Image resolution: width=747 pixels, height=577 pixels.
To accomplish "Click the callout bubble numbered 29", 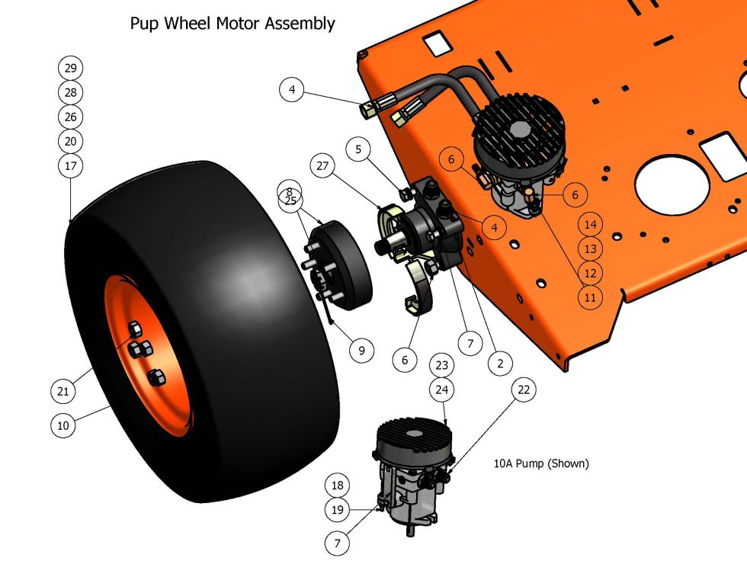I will (70, 68).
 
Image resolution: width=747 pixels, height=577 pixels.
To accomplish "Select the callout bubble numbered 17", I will (70, 165).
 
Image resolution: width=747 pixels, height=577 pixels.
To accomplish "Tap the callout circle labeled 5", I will (359, 150).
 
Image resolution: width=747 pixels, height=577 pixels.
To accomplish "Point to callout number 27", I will (323, 165).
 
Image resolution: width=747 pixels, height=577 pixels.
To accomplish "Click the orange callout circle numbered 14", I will (590, 224).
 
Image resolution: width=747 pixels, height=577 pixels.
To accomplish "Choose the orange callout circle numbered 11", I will (590, 297).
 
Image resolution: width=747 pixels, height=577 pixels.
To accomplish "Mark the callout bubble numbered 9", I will (361, 351).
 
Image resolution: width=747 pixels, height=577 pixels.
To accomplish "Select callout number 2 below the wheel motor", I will (500, 364).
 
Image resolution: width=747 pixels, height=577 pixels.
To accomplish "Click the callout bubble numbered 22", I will (523, 389).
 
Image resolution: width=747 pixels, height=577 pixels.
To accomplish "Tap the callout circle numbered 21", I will (63, 392).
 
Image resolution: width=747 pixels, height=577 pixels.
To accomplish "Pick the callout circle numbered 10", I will (63, 425).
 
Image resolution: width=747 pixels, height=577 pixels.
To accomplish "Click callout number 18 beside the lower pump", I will (338, 486).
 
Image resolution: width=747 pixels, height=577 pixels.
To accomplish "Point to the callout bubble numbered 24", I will (442, 389).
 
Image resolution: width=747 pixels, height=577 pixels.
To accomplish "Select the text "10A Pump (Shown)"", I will (541, 463).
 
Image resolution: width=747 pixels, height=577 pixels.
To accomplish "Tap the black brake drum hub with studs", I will (343, 263).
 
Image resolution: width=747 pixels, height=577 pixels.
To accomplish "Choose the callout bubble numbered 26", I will (70, 117).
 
